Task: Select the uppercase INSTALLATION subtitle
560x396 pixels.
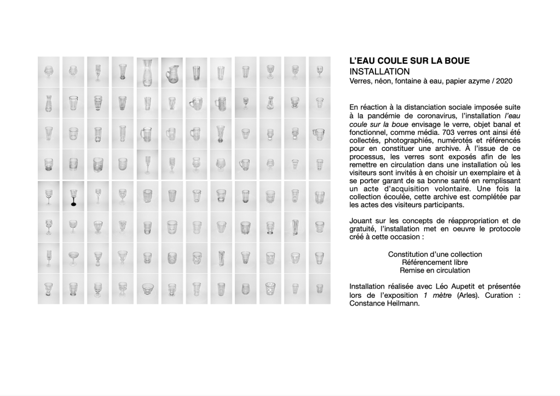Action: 379,72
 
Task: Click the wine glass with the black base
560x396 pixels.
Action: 73,196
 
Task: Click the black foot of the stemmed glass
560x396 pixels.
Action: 73,205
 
